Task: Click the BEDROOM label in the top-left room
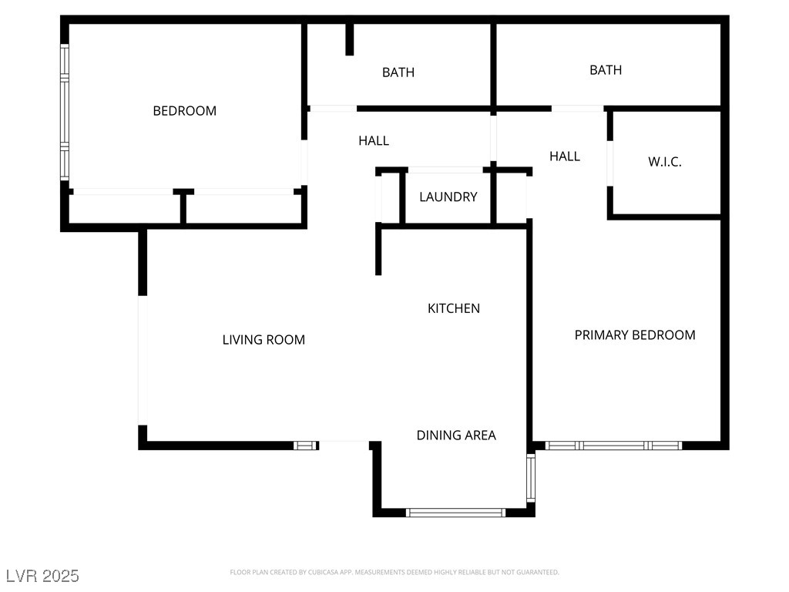coord(185,111)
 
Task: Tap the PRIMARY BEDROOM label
coord(635,335)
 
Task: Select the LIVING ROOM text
coord(264,340)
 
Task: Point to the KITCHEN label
coord(454,308)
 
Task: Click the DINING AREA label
coord(456,435)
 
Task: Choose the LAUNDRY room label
coord(448,197)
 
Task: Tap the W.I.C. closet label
coord(665,162)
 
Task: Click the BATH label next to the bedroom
coord(398,72)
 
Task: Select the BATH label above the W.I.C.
coord(606,70)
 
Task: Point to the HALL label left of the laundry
coord(374,140)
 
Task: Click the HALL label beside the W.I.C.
coord(565,156)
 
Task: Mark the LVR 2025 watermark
coord(43,575)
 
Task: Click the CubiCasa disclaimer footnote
coord(394,573)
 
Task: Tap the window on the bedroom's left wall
coord(65,112)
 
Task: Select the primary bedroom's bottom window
coord(613,446)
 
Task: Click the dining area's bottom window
coord(456,513)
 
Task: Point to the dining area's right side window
coord(531,478)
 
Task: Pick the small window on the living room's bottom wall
coord(306,446)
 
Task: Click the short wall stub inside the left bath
coord(350,39)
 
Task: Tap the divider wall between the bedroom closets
coord(183,206)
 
